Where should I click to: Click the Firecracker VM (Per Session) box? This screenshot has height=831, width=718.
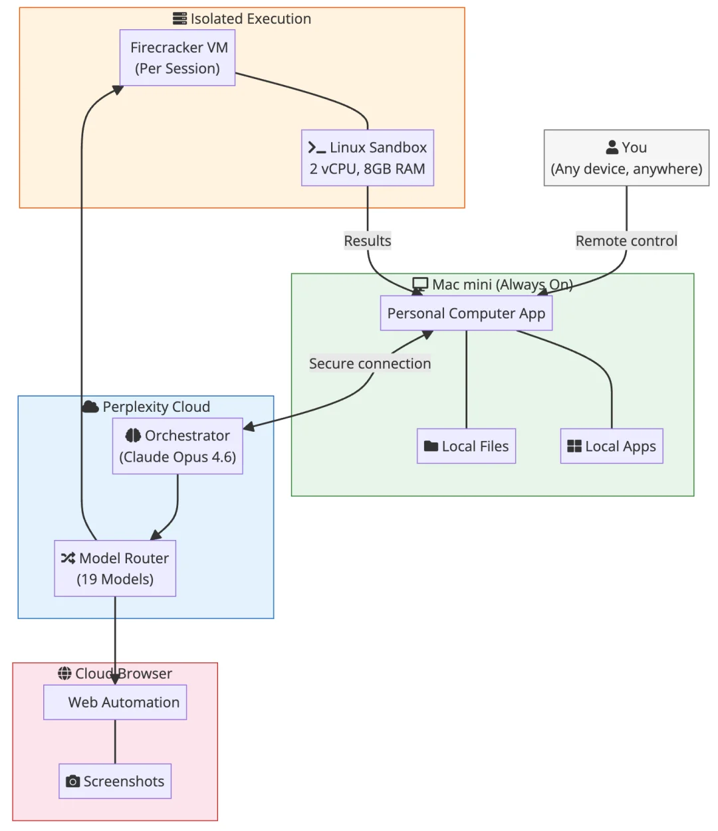178,58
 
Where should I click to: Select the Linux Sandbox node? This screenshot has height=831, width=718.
368,158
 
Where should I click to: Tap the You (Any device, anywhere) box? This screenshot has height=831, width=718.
626,158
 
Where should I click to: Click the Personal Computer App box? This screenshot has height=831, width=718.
466,314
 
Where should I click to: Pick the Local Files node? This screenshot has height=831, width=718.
466,446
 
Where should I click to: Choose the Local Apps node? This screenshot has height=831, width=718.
612,446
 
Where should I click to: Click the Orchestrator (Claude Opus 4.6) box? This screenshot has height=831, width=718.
178,446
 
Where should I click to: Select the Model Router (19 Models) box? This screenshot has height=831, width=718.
115,569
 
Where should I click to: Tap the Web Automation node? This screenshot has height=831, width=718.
115,702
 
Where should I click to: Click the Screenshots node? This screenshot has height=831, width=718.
115,781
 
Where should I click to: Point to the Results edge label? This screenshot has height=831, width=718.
368,240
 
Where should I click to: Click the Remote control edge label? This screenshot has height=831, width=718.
626,240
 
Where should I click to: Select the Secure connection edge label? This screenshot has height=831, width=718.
370,363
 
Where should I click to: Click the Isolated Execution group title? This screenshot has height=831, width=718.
251,19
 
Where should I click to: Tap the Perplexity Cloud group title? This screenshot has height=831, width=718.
156,407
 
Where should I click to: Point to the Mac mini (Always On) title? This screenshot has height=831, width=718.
502,284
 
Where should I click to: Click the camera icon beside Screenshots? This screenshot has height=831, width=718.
73,782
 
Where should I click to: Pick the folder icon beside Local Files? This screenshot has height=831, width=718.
431,446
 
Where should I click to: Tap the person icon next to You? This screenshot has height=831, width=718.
612,147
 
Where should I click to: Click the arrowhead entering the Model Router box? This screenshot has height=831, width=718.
155,535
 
